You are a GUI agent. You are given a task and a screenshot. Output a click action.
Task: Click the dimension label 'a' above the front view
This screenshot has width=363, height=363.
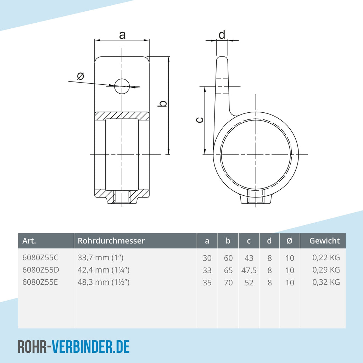point(122,35)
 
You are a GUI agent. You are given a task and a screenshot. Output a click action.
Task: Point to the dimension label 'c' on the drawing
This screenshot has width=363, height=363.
point(200,120)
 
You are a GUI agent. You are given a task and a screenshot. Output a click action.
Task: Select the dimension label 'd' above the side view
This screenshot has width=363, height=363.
point(222,34)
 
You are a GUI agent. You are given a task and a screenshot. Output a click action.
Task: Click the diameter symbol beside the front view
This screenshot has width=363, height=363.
point(80,76)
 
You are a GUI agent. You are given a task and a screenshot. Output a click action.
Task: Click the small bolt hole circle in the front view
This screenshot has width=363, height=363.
point(122,86)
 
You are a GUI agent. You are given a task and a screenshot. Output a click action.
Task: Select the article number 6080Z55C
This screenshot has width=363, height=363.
point(40,257)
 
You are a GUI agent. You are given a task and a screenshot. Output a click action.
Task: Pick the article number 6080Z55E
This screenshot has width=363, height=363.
point(40,282)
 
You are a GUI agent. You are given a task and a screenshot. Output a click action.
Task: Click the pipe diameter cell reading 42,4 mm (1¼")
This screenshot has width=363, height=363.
point(104,270)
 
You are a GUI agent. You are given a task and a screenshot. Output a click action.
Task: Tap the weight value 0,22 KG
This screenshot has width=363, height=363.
point(326,258)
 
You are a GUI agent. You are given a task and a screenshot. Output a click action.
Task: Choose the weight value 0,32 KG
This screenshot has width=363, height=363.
point(326,282)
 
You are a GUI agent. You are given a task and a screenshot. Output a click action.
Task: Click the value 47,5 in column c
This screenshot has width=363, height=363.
point(249,270)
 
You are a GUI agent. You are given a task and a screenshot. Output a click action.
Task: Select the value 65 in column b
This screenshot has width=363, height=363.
point(228,270)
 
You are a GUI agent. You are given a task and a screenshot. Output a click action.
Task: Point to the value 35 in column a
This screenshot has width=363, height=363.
point(207,283)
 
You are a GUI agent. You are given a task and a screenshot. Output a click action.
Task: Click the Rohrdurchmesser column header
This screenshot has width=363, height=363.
point(111,241)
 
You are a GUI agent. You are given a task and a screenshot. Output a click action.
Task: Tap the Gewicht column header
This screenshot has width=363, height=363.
point(325,241)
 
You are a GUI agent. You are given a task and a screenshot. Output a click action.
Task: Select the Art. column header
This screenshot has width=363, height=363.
point(29,241)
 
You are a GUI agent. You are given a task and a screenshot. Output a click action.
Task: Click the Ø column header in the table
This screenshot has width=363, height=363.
point(289,241)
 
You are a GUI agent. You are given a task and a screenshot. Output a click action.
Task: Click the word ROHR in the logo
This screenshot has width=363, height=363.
point(32,347)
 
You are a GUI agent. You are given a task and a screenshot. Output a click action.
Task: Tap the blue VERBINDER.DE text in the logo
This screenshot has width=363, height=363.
point(90,347)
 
